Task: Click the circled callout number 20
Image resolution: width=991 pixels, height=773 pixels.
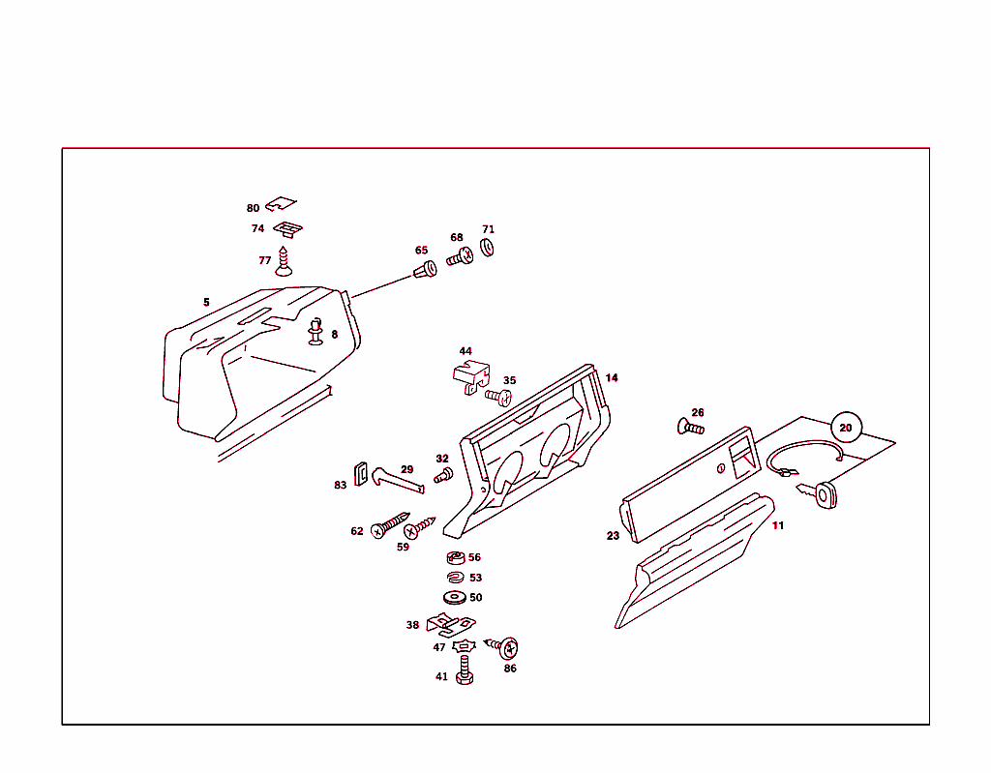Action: point(846,427)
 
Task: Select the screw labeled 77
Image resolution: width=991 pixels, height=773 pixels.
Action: point(284,262)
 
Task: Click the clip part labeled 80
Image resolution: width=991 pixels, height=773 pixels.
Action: point(281,205)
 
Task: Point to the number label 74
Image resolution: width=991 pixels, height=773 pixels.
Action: point(257,229)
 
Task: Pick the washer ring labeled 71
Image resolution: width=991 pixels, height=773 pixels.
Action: point(488,249)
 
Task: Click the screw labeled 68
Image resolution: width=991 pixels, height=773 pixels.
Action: point(459,257)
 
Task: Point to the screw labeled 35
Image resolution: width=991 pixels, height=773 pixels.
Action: point(499,396)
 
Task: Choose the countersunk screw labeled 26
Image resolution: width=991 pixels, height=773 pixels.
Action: point(690,426)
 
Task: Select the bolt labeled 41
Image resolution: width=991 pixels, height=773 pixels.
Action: point(465,670)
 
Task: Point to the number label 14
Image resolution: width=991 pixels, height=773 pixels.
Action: point(612,377)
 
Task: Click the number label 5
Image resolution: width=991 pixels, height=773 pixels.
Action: point(206,302)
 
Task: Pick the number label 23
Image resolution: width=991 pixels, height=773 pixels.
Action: point(613,536)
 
